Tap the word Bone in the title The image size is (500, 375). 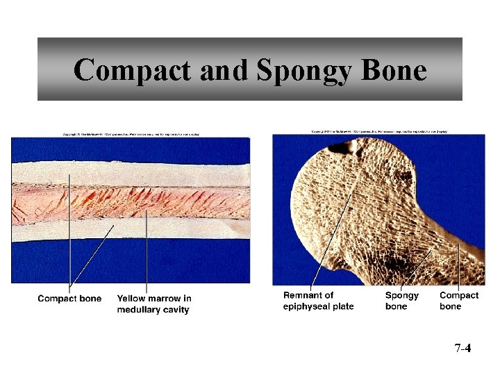click(393, 70)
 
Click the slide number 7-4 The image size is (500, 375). click(462, 348)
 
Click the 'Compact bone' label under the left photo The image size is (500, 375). click(69, 299)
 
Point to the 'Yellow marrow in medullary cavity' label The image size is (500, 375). click(154, 304)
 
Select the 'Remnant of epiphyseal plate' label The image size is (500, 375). click(319, 301)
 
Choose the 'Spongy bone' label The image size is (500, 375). click(402, 301)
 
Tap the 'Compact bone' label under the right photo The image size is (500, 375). click(459, 301)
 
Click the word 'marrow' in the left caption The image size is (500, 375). click(164, 299)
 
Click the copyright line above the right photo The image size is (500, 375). click(378, 131)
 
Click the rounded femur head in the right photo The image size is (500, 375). click(347, 201)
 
